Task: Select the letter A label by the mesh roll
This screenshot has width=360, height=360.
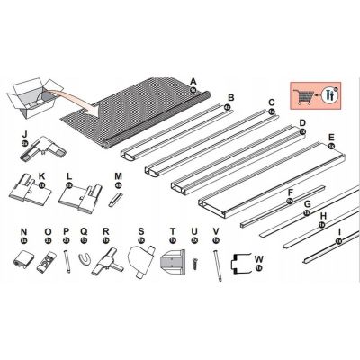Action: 193,82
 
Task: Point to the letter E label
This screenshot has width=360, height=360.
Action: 331,137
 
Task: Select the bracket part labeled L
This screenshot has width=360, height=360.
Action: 83,191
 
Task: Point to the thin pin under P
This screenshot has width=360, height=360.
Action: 67,263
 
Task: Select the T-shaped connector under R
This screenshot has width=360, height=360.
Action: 107,263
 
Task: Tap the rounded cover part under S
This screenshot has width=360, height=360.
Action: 141,263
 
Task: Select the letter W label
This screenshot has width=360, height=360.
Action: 258,259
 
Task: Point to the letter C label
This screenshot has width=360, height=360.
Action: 270,103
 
